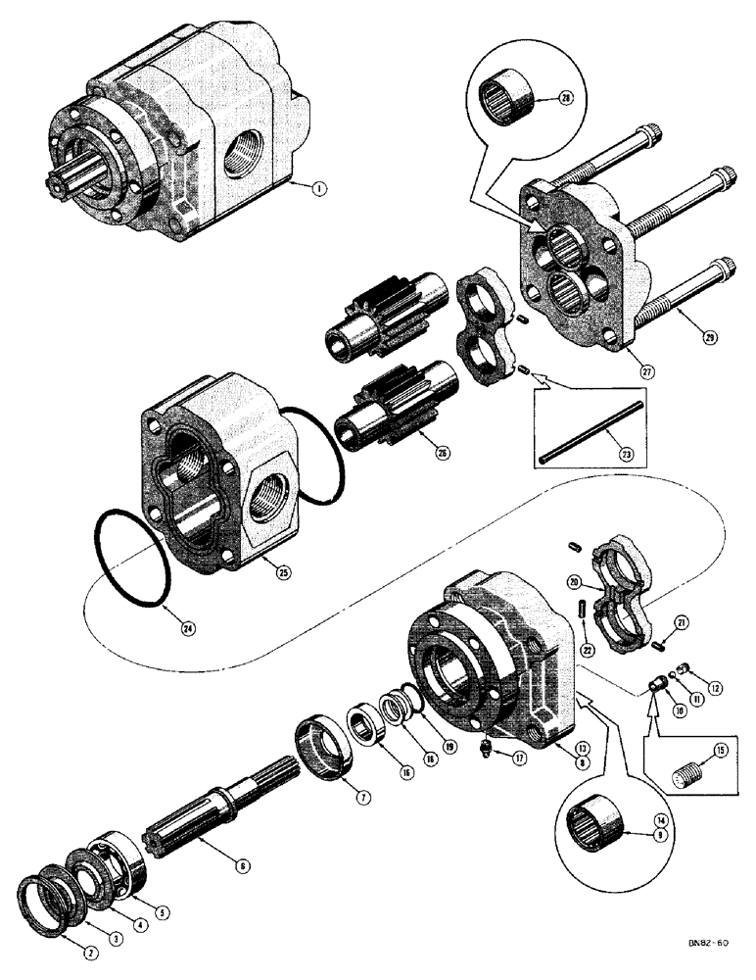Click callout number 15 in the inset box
point(720,752)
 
